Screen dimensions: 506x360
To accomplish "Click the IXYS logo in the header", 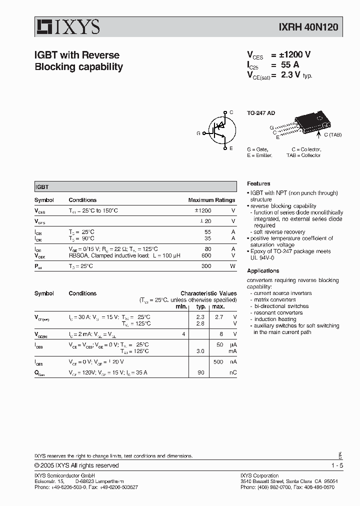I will point(67,26).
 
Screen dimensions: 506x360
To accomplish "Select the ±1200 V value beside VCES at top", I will point(295,55).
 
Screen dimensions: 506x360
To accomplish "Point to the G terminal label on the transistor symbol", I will point(198,133).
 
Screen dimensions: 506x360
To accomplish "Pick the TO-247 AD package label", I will point(261,113).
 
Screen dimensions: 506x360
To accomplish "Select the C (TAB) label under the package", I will point(332,134).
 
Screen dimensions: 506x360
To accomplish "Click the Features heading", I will point(258,183).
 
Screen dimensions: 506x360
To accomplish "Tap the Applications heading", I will point(263,271).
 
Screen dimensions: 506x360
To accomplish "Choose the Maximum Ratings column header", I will point(211,200).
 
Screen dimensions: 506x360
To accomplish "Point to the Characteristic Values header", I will point(208,293).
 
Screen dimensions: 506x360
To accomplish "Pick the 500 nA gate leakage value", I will point(218,361).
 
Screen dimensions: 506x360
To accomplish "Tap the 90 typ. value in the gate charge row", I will point(201,372).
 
